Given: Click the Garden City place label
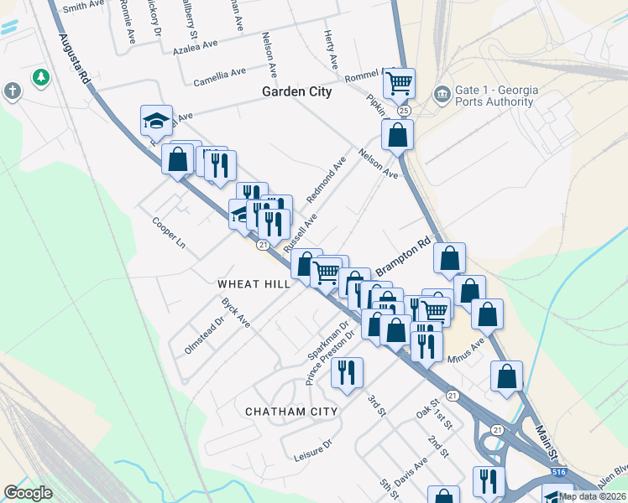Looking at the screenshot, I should [x=296, y=91].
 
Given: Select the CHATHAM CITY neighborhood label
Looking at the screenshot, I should [x=291, y=412].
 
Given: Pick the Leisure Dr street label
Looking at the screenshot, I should [x=314, y=453].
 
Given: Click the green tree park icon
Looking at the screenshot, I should [x=39, y=78].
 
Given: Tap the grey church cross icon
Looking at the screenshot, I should [x=12, y=91].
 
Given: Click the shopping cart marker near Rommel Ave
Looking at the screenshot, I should [x=400, y=83].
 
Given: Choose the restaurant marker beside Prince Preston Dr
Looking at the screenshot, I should [x=347, y=373].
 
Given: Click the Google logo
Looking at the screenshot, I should [x=29, y=492].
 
